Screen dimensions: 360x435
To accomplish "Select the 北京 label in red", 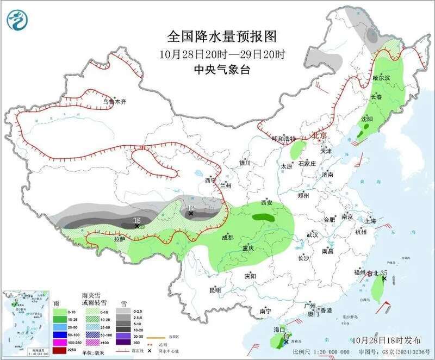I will point(319,135).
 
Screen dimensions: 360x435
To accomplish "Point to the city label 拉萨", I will point(120,239).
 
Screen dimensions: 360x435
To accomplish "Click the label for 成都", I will point(227,238).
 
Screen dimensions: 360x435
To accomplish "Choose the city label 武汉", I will point(312,234).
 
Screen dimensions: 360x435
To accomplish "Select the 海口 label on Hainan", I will point(279,330).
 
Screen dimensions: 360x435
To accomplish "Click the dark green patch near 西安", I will point(263,216).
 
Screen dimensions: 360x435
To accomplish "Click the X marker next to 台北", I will point(384,278).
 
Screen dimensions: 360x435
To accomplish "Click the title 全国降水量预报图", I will point(222,36).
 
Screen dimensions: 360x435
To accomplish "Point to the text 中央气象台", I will point(222,70).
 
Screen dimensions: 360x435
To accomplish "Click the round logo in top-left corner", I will point(16,20).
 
